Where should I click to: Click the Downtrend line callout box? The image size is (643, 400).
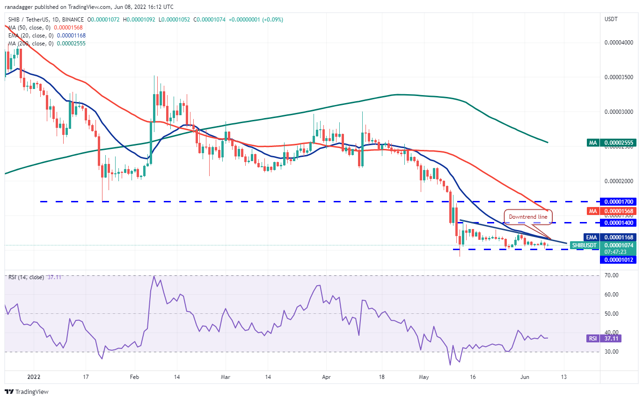click(528, 217)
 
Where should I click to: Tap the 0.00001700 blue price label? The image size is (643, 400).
click(620, 201)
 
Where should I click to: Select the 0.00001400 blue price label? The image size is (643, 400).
click(620, 222)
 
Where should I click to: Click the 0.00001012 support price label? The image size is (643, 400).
click(620, 259)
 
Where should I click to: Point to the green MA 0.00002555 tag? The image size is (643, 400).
click(612, 142)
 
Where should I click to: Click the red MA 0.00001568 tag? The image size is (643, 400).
click(612, 211)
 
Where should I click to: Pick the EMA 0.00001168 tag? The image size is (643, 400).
click(612, 237)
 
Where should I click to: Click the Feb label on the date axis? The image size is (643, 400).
click(134, 377)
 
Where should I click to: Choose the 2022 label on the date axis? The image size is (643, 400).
click(34, 377)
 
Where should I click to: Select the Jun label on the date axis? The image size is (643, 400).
click(525, 377)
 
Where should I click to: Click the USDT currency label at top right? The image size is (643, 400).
click(611, 19)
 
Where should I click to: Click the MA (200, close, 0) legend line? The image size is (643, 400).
click(46, 44)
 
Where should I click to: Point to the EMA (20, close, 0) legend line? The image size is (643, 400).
click(46, 36)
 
